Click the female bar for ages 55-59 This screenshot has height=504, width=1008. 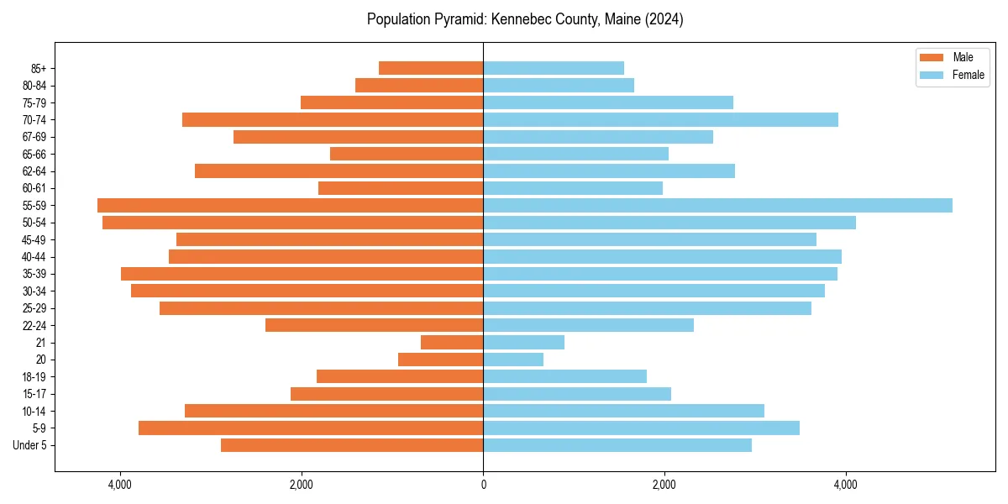point(717,205)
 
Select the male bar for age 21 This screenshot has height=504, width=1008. point(452,342)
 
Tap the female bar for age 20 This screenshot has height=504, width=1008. point(513,360)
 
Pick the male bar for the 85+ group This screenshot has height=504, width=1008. point(431,68)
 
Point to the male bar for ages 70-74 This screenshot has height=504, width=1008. point(333,119)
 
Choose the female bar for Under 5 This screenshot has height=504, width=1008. point(617,445)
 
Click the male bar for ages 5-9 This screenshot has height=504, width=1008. point(311,428)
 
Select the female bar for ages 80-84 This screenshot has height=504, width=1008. point(559,85)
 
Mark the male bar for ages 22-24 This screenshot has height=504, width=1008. point(374,325)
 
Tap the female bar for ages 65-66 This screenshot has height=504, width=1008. point(575,154)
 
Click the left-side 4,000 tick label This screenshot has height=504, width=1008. point(120,485)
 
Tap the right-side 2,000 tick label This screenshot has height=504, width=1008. point(664,485)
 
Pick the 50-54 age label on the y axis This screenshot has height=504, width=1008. point(35,223)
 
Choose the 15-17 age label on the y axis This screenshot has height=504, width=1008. point(35,394)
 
